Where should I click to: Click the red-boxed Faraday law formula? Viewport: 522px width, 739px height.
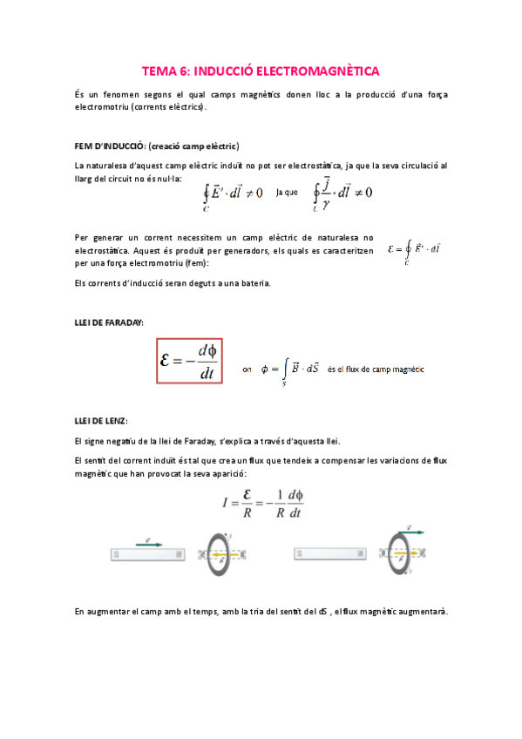189,360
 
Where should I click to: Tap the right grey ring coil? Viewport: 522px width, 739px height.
403,553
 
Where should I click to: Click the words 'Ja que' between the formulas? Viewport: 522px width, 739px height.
286,192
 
